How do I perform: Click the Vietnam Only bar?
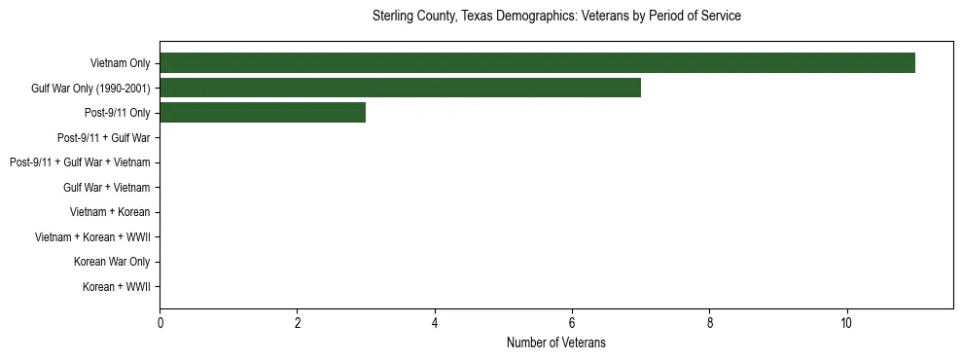point(537,63)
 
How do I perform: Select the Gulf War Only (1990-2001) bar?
point(400,89)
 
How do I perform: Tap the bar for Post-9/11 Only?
point(263,113)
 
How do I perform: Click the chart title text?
point(556,17)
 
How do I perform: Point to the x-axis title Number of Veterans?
point(556,342)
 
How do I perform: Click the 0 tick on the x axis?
point(160,323)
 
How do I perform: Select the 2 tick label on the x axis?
point(298,323)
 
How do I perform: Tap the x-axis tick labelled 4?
point(435,323)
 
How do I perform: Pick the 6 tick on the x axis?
point(572,323)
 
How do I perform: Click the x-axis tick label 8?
point(710,323)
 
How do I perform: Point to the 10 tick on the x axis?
point(847,323)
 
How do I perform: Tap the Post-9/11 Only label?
point(118,114)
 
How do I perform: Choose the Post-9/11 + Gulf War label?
point(104,139)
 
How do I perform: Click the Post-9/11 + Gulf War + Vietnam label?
point(80,163)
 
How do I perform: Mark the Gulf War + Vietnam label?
point(107,188)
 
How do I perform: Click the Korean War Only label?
point(112,263)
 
